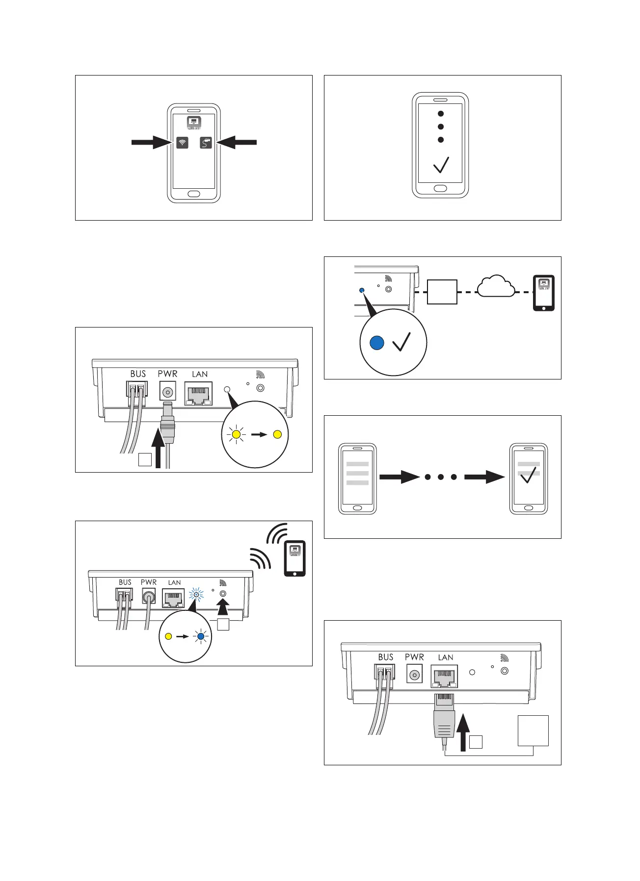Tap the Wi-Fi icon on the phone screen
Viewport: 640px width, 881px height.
(x=182, y=143)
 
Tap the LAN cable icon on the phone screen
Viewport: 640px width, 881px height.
(x=206, y=143)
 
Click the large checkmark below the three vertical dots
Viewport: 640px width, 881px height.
(x=441, y=165)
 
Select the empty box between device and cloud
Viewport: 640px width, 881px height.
(x=442, y=292)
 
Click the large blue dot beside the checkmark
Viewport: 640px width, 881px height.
(x=376, y=343)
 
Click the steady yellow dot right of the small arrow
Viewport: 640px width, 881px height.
(x=277, y=434)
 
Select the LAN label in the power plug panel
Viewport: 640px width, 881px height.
(x=200, y=374)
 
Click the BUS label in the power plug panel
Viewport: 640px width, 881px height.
(x=138, y=374)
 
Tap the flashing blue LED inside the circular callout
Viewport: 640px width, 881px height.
(x=200, y=637)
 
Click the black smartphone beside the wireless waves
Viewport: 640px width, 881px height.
(x=295, y=558)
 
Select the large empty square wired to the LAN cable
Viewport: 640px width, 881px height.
(x=533, y=730)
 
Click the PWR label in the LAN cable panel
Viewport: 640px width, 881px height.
(x=414, y=657)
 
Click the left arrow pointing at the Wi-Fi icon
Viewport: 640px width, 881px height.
(x=150, y=143)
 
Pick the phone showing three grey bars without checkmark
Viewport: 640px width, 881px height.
(x=357, y=478)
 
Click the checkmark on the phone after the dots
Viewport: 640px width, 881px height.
(x=528, y=475)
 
